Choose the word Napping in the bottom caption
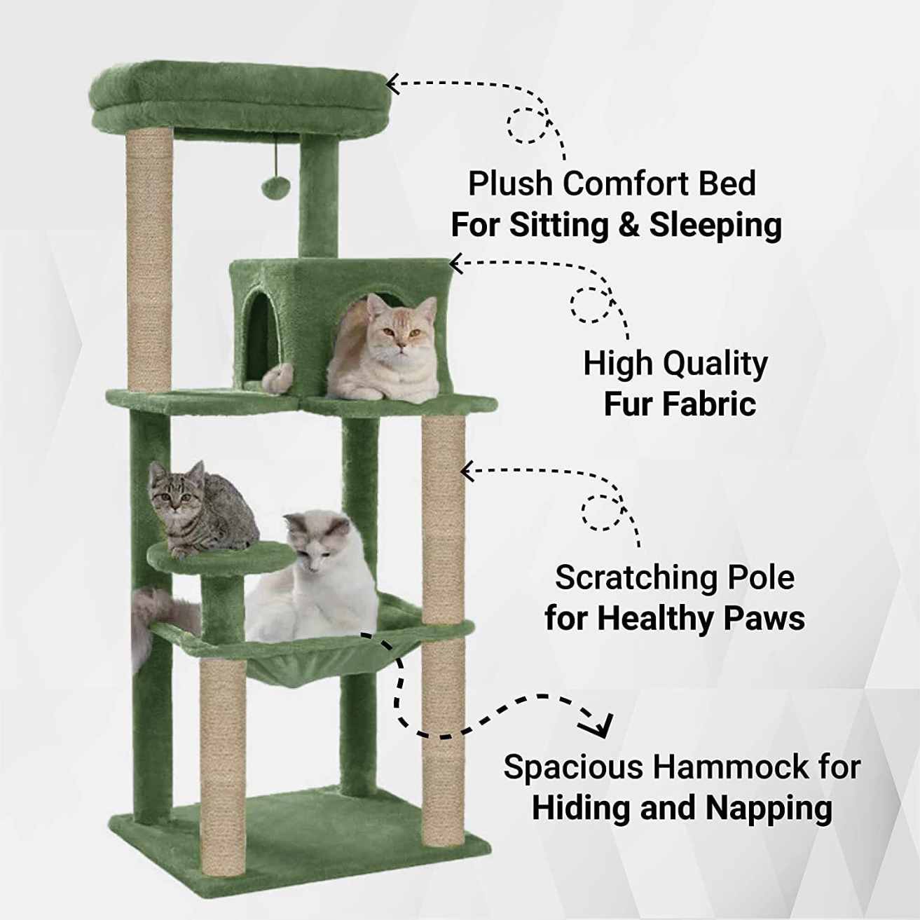tap(769, 807)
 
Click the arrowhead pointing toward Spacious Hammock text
tap(603, 725)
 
